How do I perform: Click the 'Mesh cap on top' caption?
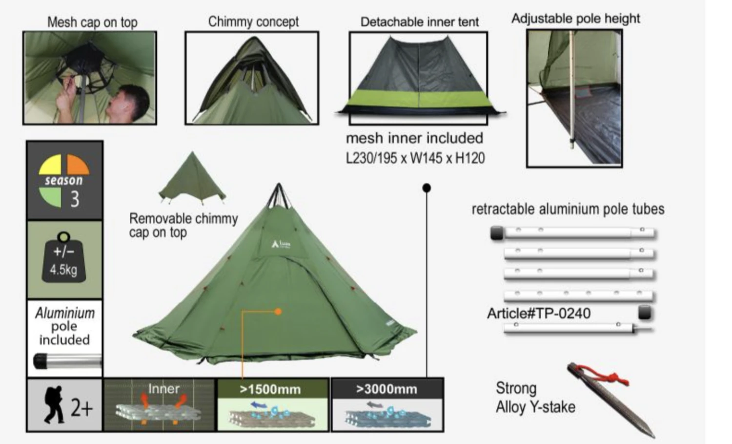[x=92, y=22]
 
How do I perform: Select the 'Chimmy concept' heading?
[x=253, y=21]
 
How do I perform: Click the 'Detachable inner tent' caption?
[x=419, y=21]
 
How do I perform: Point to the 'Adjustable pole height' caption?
[x=575, y=19]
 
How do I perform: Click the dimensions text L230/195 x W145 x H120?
[x=415, y=158]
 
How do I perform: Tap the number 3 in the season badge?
[x=75, y=199]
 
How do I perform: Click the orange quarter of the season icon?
[x=78, y=165]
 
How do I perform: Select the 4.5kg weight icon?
[x=63, y=259]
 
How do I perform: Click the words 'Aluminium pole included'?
[x=64, y=326]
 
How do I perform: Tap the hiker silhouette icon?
[x=53, y=404]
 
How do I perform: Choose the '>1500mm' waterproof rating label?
[x=270, y=389]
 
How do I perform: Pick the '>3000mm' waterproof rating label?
[x=386, y=389]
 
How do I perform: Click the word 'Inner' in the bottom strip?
[x=163, y=389]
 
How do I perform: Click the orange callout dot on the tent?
[x=278, y=311]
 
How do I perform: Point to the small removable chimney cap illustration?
[x=192, y=178]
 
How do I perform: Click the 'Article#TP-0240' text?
[x=538, y=313]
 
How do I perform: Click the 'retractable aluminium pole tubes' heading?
[x=568, y=209]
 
